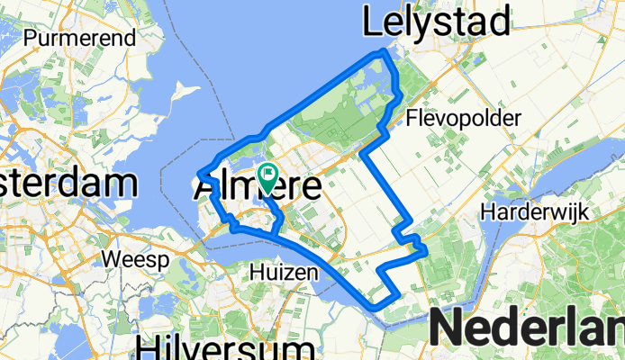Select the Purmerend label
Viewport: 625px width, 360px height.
click(x=80, y=38)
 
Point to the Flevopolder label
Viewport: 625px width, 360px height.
click(x=464, y=118)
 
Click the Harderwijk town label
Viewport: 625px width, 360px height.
click(x=534, y=212)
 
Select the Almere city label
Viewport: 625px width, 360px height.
click(x=257, y=188)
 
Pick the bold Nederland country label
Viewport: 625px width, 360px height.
click(x=527, y=326)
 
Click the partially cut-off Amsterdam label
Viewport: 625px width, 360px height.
click(x=68, y=184)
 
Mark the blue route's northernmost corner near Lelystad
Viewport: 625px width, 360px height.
click(x=385, y=52)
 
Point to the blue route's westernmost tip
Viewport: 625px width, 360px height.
click(x=198, y=173)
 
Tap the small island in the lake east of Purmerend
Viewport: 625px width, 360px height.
click(x=186, y=92)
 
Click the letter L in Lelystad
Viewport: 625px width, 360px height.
click(x=371, y=21)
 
